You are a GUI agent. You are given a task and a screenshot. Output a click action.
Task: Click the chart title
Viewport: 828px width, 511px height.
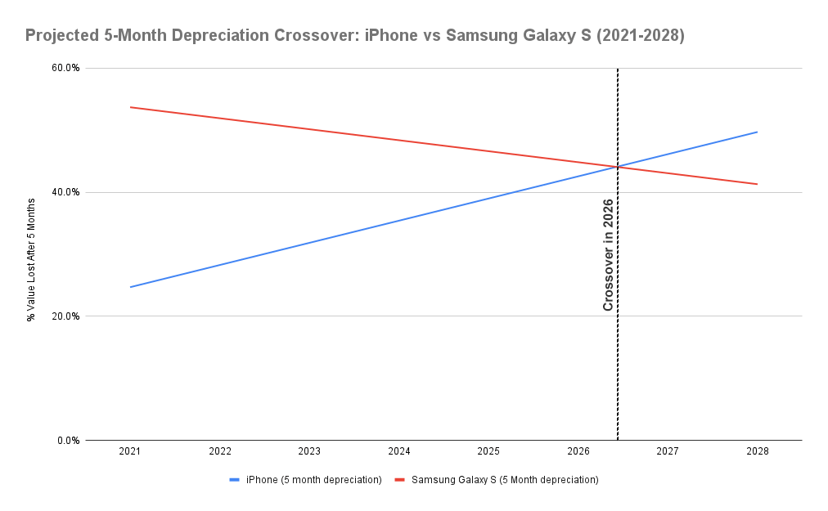click(354, 36)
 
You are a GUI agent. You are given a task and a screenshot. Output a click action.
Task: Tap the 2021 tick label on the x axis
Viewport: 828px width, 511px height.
click(130, 451)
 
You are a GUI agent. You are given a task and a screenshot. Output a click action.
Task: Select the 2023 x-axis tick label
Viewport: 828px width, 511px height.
click(309, 451)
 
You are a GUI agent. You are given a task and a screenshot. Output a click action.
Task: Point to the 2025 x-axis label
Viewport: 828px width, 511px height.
click(488, 451)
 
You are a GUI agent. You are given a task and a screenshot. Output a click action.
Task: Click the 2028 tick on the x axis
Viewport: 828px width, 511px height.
click(758, 451)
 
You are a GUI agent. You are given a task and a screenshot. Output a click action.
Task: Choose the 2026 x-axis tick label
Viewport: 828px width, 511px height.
click(578, 451)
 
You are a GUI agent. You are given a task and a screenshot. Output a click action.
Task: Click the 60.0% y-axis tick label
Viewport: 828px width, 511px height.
click(65, 68)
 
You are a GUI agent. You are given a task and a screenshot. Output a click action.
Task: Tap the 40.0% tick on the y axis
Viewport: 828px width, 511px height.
click(65, 192)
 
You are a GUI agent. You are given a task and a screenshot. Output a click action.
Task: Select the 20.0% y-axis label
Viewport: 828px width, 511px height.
click(65, 316)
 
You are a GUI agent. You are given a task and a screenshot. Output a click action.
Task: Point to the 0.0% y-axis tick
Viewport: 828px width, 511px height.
click(68, 441)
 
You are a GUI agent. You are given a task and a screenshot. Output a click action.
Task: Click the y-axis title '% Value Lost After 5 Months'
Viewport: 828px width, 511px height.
click(31, 254)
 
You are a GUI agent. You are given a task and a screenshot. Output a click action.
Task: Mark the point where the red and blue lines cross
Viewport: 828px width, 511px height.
click(617, 167)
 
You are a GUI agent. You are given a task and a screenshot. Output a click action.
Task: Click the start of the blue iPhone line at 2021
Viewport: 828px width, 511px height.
click(130, 287)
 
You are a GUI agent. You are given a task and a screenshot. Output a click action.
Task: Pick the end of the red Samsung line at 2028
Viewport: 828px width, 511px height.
click(758, 184)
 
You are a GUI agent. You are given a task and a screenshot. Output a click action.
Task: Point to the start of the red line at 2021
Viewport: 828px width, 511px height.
click(130, 107)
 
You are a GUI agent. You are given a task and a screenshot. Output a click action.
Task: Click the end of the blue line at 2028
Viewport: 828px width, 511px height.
click(758, 132)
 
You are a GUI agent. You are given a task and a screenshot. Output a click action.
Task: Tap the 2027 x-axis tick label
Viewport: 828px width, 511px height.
click(668, 451)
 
